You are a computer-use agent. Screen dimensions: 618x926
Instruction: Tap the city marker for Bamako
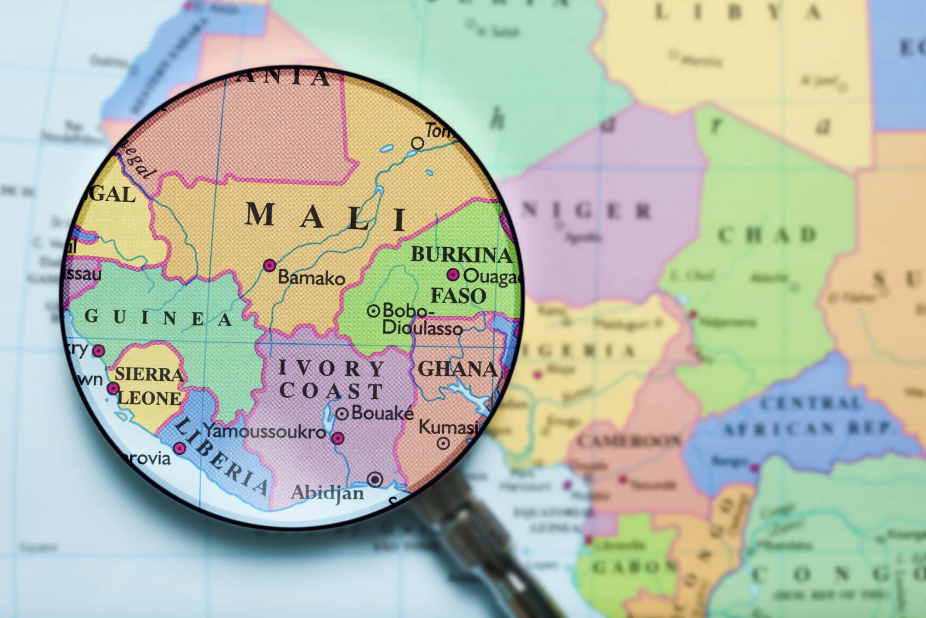(270, 265)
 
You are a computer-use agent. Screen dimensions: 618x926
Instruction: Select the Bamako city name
(312, 278)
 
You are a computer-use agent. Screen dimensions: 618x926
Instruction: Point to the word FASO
(458, 296)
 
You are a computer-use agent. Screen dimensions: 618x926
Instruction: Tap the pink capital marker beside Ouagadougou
(453, 275)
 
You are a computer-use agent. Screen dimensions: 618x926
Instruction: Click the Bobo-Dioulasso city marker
(373, 311)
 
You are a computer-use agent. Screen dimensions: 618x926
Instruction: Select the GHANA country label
(457, 369)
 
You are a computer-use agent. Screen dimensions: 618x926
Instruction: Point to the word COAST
(331, 391)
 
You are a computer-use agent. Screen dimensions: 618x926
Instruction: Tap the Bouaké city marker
(342, 413)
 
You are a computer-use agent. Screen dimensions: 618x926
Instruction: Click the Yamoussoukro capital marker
(338, 438)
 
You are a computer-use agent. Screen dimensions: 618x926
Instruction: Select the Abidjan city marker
(374, 480)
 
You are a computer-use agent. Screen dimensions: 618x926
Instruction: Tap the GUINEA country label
(159, 318)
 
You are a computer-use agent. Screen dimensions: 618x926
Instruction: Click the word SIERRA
(149, 375)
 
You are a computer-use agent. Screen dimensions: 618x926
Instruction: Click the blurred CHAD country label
(767, 235)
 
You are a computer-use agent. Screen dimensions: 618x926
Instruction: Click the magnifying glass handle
(493, 555)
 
